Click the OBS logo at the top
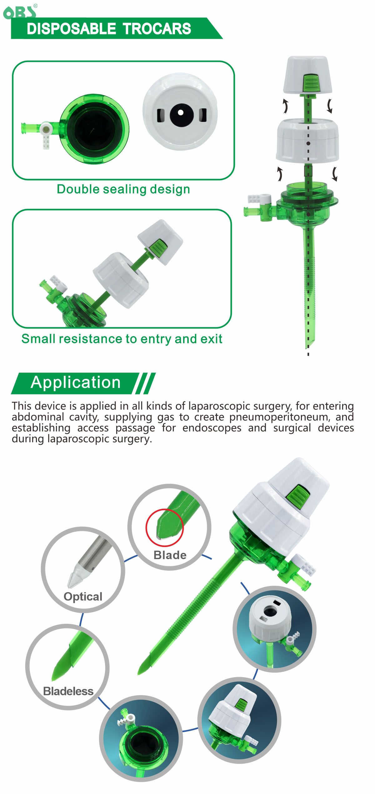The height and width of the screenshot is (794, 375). pos(20,12)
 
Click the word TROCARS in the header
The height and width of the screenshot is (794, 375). pos(157,29)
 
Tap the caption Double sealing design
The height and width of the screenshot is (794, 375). pos(123,189)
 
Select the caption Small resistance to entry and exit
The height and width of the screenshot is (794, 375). pos(122,339)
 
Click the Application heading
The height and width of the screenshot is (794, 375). pos(76,382)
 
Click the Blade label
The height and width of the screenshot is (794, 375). pos(170,555)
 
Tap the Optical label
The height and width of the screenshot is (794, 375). pos(83,597)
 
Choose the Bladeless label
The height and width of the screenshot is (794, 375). pos(68,691)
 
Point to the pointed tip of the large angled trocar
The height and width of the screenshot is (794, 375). pos(139,674)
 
